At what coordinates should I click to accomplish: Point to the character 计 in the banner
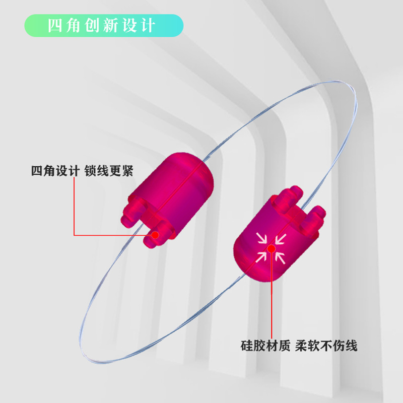[149, 26]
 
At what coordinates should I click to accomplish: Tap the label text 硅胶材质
[265, 347]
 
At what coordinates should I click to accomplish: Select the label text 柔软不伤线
[328, 347]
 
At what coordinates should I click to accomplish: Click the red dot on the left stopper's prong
[156, 234]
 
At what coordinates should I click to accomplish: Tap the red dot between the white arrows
[271, 247]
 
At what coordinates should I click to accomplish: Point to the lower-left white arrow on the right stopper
[261, 257]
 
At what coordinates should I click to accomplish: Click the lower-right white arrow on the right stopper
[281, 257]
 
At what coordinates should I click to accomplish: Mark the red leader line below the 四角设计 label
[74, 207]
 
